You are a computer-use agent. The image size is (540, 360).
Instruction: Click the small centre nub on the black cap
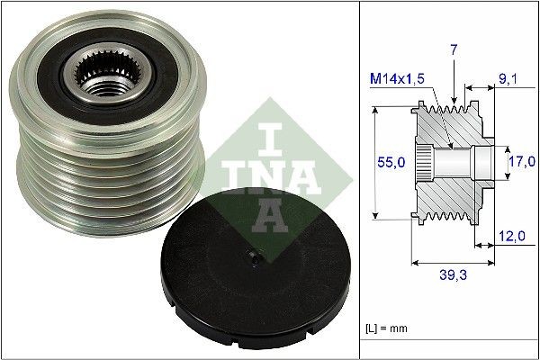click(256, 259)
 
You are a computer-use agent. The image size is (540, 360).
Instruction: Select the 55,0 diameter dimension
click(389, 162)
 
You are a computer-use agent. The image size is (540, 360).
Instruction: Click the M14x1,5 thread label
click(397, 81)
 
